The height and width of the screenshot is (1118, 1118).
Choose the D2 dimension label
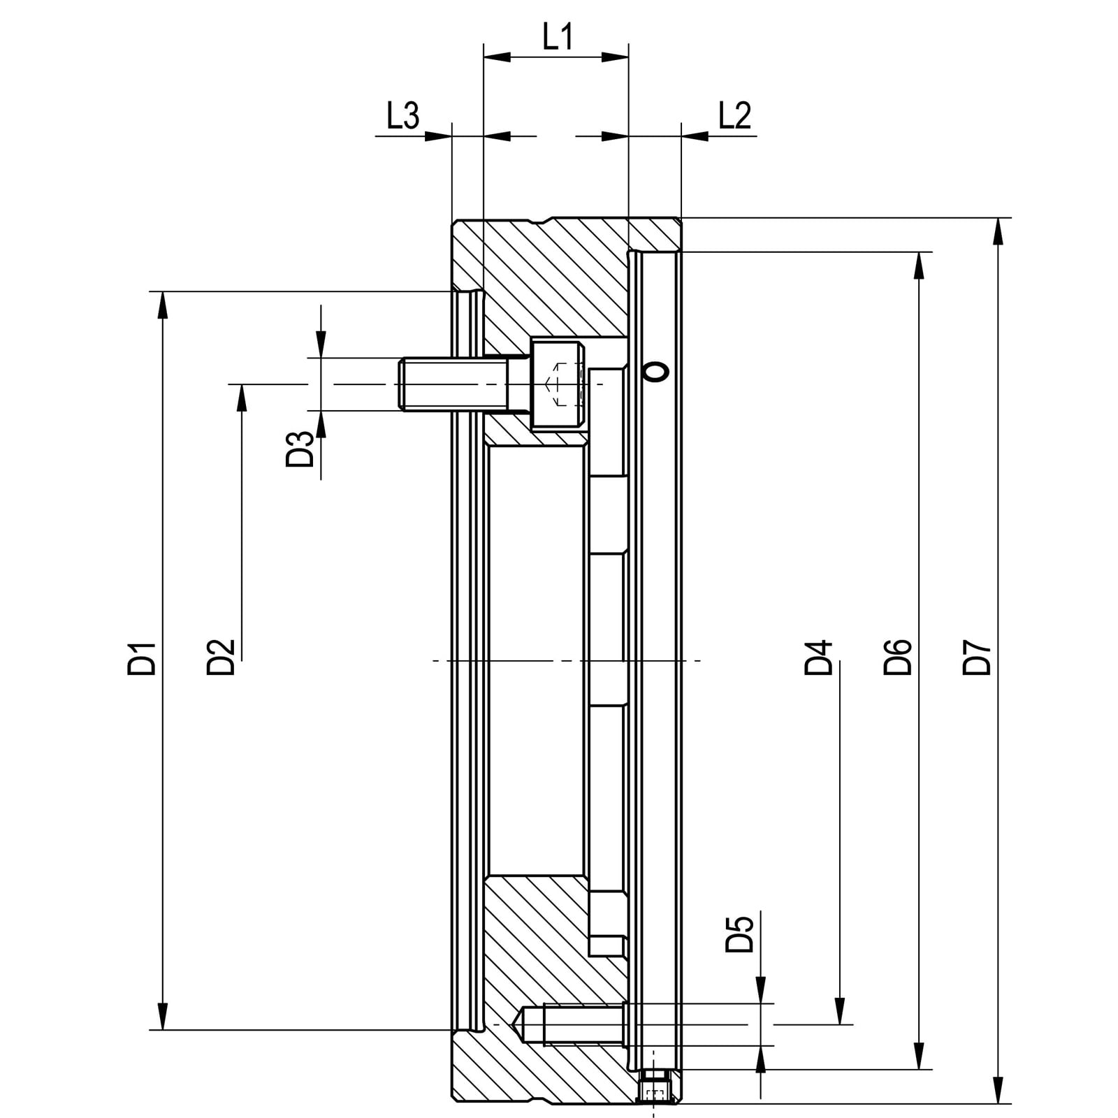(x=220, y=658)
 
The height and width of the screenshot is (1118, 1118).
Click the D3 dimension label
(x=300, y=449)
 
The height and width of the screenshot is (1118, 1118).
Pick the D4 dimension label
(x=818, y=658)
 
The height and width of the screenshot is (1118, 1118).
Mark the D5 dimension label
(x=740, y=934)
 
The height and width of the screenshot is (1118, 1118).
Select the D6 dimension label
(x=898, y=658)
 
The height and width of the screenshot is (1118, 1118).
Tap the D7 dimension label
(x=977, y=658)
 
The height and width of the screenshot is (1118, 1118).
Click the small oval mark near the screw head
(x=656, y=372)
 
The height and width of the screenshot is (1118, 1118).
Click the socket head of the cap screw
(x=557, y=384)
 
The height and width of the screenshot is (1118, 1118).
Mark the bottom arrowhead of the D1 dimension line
(x=163, y=1017)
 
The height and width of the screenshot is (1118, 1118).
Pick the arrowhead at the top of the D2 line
(x=242, y=397)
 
